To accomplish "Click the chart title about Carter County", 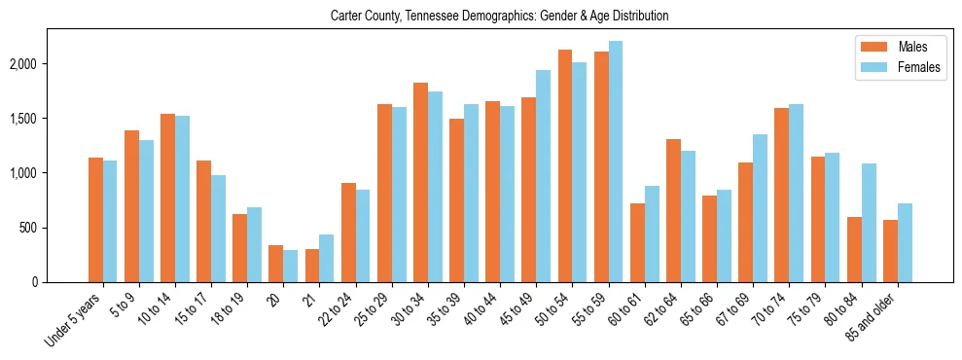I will tap(499, 17).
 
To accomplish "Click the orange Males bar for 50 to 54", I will tap(565, 165).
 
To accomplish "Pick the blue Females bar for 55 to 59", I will tap(616, 162).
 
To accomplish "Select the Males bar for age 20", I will tap(276, 264).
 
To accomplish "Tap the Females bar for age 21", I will tap(327, 258).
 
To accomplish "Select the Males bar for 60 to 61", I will tap(637, 243).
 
